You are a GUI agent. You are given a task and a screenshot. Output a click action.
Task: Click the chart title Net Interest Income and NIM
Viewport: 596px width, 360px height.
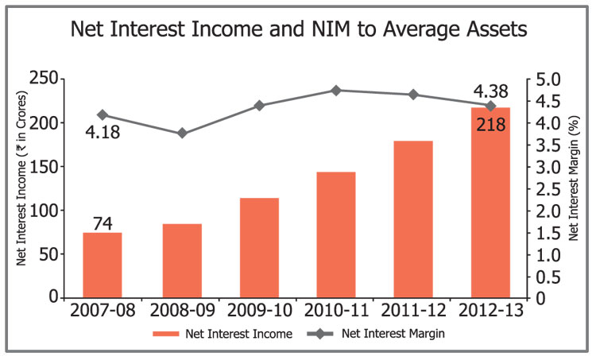[x=298, y=31]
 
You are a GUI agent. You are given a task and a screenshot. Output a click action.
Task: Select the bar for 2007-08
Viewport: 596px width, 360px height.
[x=103, y=265]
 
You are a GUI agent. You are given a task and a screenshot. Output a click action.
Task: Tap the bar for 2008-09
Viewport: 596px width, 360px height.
[x=182, y=261]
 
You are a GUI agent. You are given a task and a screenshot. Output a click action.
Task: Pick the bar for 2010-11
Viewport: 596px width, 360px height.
[x=336, y=234]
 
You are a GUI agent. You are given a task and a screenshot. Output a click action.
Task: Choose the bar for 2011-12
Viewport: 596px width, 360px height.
[x=413, y=219]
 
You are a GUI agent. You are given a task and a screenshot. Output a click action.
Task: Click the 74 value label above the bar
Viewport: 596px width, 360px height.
[x=103, y=223]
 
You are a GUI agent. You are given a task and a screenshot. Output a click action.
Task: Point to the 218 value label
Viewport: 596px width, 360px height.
[x=490, y=124]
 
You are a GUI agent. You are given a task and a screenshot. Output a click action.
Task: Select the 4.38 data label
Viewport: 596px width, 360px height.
[x=490, y=90]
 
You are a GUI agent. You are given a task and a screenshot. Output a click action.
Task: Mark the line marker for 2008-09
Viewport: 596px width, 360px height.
[x=182, y=133]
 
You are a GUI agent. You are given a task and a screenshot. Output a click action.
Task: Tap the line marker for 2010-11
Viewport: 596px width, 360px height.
[x=336, y=91]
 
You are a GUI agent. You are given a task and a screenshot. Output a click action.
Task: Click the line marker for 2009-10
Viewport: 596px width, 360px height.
[x=259, y=106]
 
